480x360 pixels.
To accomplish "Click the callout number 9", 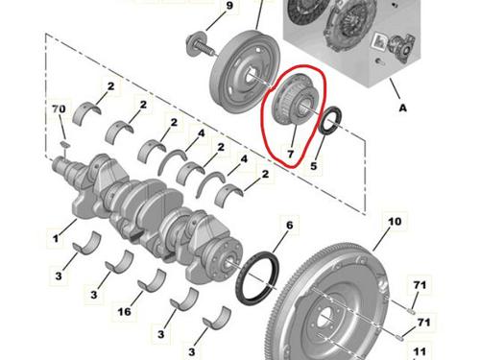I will pyautogui.click(x=229, y=9).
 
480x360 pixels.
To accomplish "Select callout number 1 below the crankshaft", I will pyautogui.click(x=59, y=231).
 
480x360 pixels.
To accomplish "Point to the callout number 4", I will pyautogui.click(x=200, y=133).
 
